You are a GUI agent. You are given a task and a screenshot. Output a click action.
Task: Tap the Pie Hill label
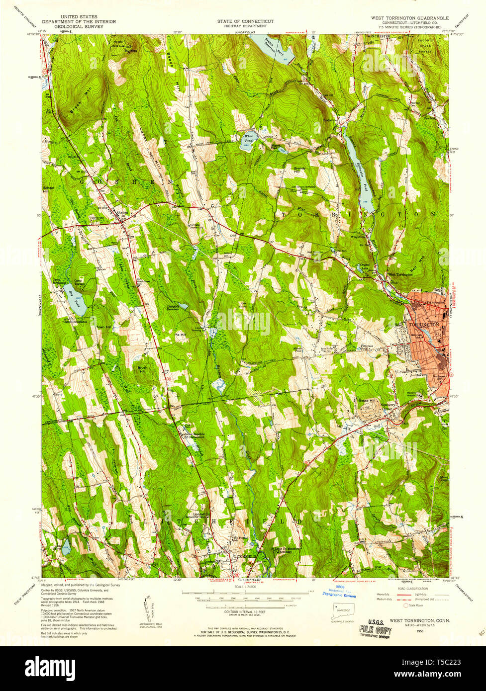pyautogui.click(x=180, y=335)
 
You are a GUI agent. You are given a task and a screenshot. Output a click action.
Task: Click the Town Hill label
pyautogui.click(x=104, y=327)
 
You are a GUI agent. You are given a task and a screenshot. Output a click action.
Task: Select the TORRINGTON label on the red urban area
pyautogui.click(x=424, y=324)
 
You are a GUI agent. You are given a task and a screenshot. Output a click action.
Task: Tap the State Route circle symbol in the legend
pyautogui.click(x=405, y=605)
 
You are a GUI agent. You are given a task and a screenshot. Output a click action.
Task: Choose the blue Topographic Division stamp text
pyautogui.click(x=339, y=594)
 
